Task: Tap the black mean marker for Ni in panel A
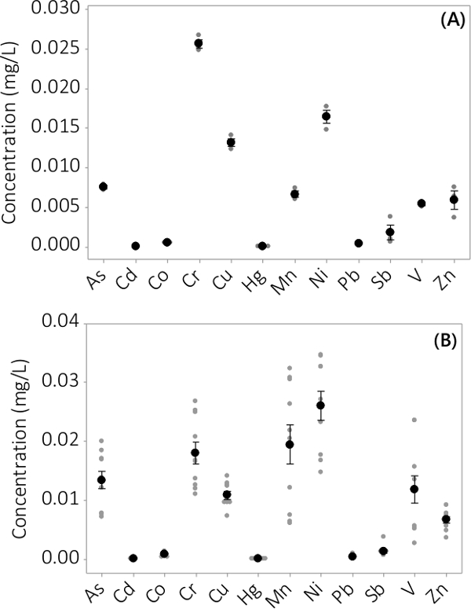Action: tap(327, 116)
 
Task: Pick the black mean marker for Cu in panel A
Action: tap(231, 142)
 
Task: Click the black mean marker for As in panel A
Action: tap(103, 186)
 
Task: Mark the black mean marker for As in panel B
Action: tap(101, 479)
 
